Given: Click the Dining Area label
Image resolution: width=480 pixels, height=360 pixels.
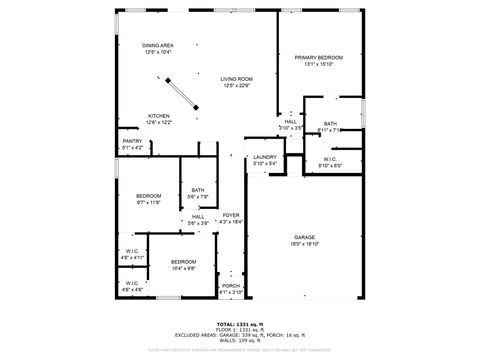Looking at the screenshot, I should coord(157,45).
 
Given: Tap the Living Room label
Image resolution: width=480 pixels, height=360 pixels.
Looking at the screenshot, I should coord(236,78).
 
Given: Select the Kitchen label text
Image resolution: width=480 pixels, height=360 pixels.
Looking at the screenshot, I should coord(160,116).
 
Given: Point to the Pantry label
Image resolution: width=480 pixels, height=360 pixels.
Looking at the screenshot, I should coord(132,142).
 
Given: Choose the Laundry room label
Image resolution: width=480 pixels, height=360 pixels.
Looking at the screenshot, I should coord(264,157).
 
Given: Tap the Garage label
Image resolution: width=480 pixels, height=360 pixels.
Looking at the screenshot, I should coord(304,237).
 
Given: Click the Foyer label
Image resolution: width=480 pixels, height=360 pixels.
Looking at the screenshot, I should coord(230,215).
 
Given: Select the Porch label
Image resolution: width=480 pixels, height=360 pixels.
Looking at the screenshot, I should coord(230,286).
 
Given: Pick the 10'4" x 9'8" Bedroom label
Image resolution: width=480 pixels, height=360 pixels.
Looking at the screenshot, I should coord(183,262).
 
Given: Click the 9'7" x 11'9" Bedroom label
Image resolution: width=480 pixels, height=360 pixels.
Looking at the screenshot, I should coord(148,195).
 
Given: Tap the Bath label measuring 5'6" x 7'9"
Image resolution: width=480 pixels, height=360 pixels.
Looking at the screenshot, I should coord(198,190).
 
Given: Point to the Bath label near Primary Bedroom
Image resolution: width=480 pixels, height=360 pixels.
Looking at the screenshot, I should coord(330,123).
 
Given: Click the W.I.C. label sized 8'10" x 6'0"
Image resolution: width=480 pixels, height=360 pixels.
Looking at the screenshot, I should coord(330,159).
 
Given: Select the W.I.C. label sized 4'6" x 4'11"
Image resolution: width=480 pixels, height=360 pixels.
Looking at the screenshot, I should coord(133,251).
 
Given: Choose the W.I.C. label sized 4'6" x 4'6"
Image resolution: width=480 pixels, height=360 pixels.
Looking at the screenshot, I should coord(132,283).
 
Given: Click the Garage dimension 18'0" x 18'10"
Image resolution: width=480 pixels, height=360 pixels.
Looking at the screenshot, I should coord(304,244).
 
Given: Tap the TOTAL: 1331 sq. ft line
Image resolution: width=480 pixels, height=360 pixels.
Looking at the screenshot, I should coord(240,325).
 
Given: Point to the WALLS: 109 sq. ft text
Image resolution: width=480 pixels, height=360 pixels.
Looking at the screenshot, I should coord(240,341).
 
